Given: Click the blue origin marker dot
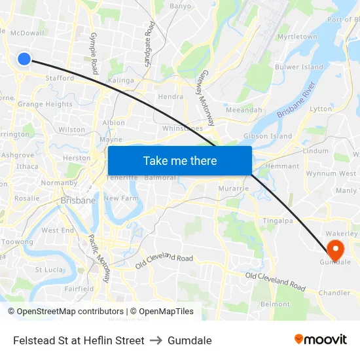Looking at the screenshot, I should pos(24,59).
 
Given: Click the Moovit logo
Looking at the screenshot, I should pos(320,339).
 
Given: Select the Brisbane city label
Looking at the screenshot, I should pos(78,200).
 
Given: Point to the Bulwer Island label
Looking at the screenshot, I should pos(299,67).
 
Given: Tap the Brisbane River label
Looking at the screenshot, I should pos(297,100).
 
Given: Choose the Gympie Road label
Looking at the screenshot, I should pos(94,52).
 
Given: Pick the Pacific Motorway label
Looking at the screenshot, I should pos(99,258).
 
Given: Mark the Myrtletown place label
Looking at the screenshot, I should pos(297,37).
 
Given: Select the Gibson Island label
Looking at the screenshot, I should pos(267,135).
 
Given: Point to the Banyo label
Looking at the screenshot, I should pos(181,6).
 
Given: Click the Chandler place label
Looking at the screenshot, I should pos(334,293).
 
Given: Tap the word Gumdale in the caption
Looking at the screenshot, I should pos(190,340).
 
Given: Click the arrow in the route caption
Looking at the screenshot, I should pos(156,340).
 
